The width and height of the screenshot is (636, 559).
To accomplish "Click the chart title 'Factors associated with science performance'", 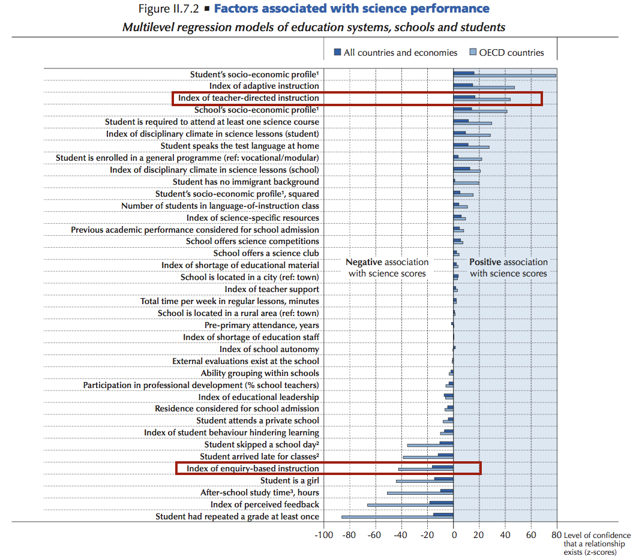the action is (352, 8).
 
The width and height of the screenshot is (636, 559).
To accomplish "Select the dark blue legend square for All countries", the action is (337, 52).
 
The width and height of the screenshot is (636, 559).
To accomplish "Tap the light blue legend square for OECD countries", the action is (473, 52).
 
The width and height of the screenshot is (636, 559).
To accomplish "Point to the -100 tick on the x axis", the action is (323, 534).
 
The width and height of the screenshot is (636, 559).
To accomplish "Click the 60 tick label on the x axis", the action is (531, 534).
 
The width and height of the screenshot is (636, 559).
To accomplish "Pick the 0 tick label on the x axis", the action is (454, 534).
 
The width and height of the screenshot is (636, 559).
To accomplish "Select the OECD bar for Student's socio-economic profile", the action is (505, 76).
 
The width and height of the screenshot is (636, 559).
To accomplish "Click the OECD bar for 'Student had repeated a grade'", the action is (397, 517).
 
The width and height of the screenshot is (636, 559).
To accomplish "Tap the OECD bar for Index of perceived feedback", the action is (410, 505).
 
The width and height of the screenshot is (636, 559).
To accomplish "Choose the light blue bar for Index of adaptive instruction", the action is (484, 88).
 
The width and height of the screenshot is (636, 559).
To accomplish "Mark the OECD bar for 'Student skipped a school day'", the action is (430, 446).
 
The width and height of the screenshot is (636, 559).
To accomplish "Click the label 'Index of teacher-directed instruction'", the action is (248, 98).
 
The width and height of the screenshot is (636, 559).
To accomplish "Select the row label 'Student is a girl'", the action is (290, 481).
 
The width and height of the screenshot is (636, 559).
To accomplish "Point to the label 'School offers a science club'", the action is (266, 253).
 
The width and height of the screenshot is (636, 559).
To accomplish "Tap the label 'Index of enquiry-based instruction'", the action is (253, 468).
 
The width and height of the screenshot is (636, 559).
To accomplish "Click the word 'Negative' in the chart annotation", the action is (364, 262).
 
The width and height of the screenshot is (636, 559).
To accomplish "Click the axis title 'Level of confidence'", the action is (597, 536).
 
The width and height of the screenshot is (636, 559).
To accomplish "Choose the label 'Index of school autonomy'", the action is (269, 350).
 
